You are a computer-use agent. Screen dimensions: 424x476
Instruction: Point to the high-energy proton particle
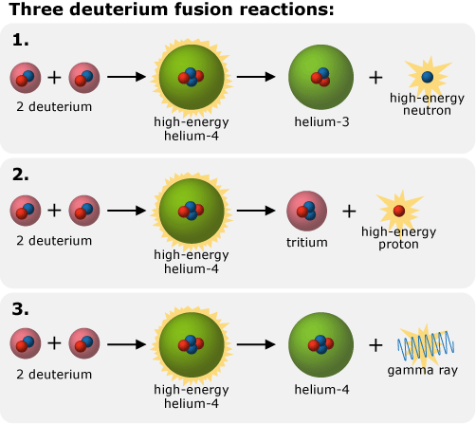(x=398, y=210)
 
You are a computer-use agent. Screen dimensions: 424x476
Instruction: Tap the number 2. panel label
(x=22, y=174)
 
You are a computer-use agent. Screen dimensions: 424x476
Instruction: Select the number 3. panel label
(x=22, y=308)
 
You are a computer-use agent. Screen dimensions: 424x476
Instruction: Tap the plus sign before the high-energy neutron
(x=376, y=77)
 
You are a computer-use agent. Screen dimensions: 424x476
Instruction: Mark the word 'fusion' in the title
(x=185, y=12)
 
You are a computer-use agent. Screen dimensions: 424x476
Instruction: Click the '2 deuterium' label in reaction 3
(x=54, y=375)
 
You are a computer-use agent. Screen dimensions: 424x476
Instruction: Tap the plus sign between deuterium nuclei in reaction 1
(x=54, y=77)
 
